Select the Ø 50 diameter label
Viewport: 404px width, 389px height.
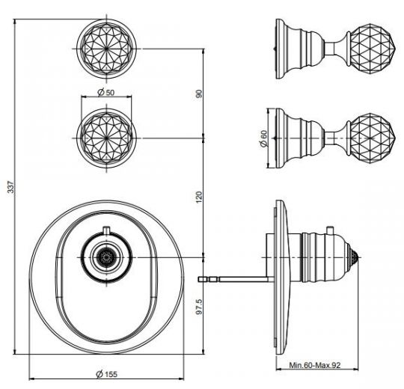click(107, 93)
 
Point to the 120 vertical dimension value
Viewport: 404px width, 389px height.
click(199, 196)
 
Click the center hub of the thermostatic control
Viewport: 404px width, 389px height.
click(107, 256)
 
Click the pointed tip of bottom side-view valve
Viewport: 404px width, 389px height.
click(363, 256)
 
